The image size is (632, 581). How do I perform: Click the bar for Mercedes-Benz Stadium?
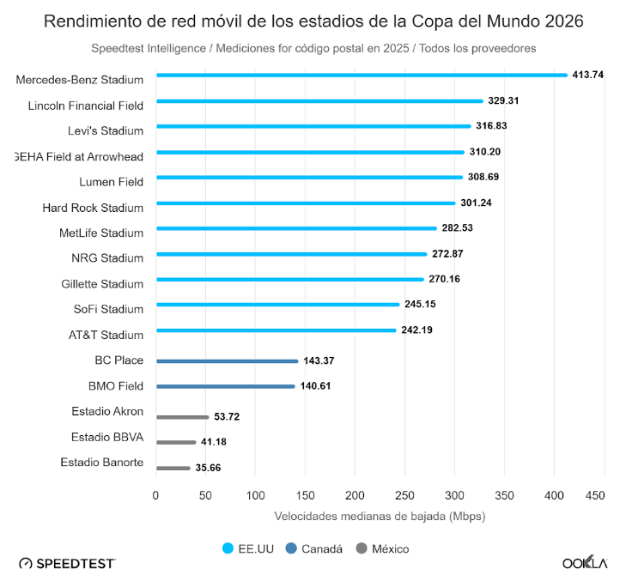[361, 76]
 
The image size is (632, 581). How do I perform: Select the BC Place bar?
[227, 361]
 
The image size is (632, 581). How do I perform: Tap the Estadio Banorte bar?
[173, 468]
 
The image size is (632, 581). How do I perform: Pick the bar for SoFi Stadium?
[277, 305]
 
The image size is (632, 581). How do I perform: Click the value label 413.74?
[588, 76]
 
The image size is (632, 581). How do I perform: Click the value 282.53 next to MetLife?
[457, 228]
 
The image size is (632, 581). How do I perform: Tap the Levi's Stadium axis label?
[106, 131]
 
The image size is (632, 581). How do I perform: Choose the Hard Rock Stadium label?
[93, 208]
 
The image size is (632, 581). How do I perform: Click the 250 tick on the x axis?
[404, 496]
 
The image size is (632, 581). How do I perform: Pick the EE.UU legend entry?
[249, 548]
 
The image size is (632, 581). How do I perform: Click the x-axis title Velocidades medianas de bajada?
[380, 517]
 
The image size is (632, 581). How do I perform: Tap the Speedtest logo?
[67, 563]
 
